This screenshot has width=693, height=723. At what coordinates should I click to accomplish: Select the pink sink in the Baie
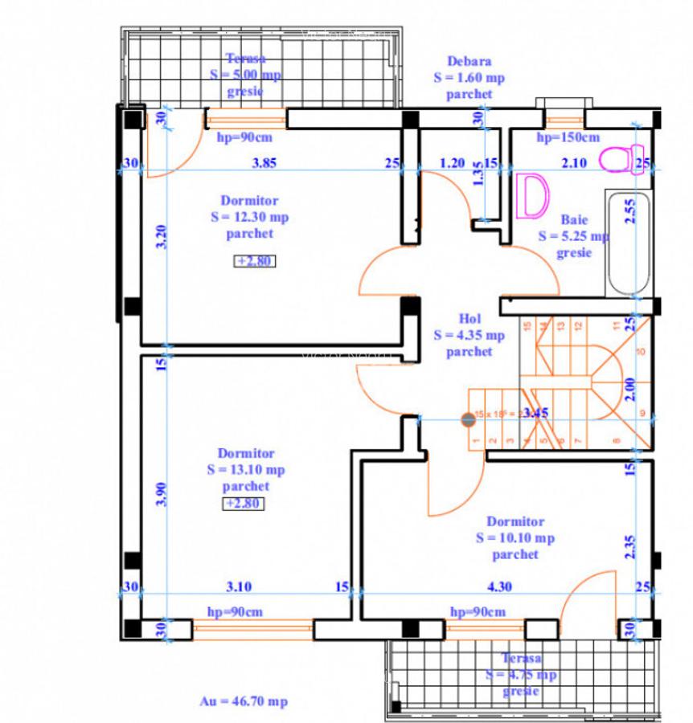pyautogui.click(x=532, y=194)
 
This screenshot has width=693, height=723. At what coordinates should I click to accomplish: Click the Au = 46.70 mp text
pyautogui.click(x=244, y=701)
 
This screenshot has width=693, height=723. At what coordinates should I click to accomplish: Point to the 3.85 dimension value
pyautogui.click(x=264, y=163)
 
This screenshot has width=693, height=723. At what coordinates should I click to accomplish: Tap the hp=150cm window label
pyautogui.click(x=568, y=137)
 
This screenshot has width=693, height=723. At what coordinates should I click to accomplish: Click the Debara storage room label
pyautogui.click(x=470, y=77)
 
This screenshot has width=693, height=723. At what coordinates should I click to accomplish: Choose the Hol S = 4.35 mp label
pyautogui.click(x=469, y=335)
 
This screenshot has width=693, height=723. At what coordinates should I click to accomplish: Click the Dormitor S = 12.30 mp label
pyautogui.click(x=248, y=217)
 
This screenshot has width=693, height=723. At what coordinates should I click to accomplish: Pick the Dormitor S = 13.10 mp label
pyautogui.click(x=245, y=470)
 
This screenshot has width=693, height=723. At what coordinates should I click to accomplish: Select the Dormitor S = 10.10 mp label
pyautogui.click(x=515, y=537)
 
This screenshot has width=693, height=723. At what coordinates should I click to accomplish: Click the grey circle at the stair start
pyautogui.click(x=467, y=419)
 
